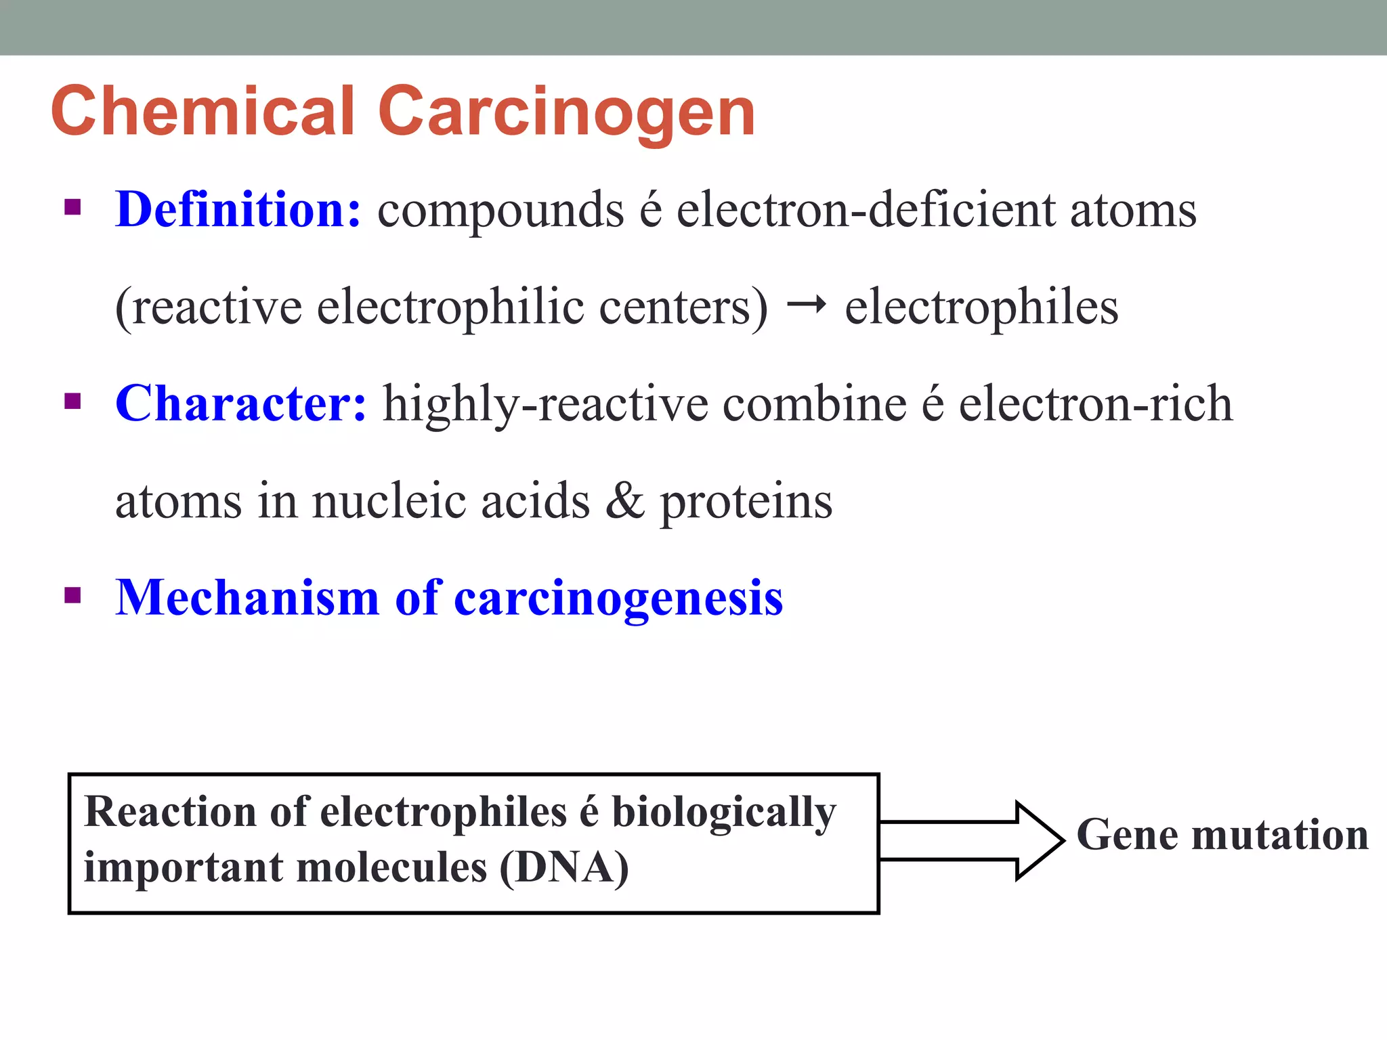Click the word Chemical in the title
coord(203,112)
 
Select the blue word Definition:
coord(238,209)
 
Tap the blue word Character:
coord(241,404)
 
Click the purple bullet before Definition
coord(72,207)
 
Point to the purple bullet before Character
coord(72,402)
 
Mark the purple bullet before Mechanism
coord(72,596)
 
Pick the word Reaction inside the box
coord(170,812)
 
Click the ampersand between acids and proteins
coord(624,501)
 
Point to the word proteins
coord(746,502)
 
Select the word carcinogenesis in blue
coord(618,599)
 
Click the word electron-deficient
coord(866,210)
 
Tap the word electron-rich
coord(1096,404)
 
